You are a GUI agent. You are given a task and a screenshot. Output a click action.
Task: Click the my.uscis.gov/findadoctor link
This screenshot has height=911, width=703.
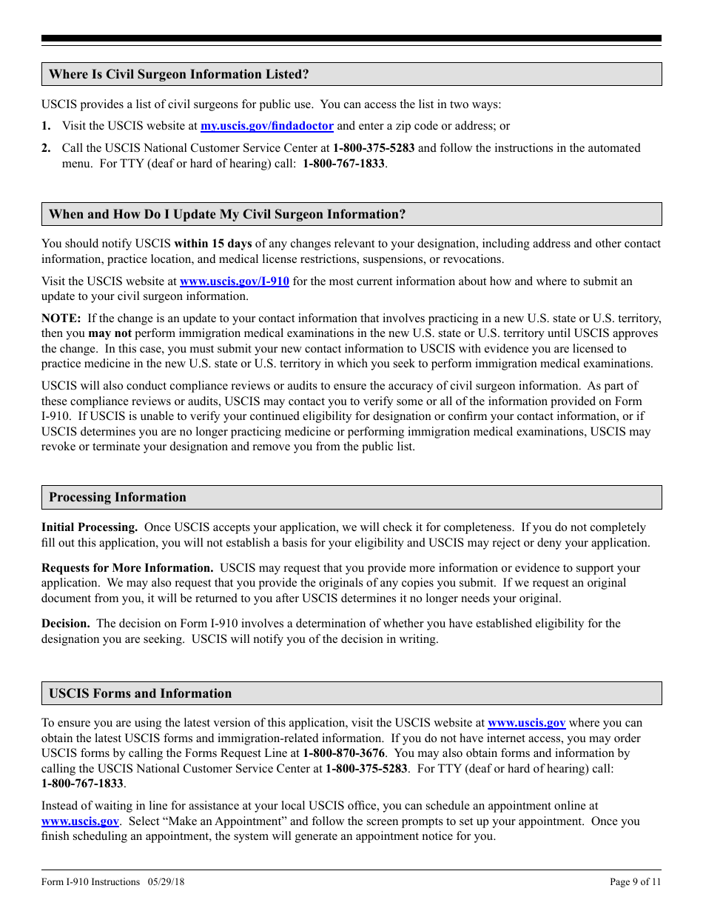click(x=267, y=126)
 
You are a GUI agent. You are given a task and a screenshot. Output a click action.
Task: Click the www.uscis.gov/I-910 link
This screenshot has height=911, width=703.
click(x=235, y=281)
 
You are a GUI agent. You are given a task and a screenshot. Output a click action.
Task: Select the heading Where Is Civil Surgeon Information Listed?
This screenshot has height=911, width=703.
click(x=178, y=74)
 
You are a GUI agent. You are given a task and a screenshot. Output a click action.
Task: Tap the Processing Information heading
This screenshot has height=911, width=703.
click(x=118, y=498)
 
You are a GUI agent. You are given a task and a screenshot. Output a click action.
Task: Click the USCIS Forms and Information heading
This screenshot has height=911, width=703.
click(x=140, y=694)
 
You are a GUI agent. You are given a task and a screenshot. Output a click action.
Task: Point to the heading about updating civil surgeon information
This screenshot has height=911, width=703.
click(x=227, y=215)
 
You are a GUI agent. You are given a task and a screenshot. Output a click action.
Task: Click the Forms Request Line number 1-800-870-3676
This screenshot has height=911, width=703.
click(x=344, y=753)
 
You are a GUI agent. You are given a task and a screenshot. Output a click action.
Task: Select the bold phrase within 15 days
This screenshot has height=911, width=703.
click(x=213, y=244)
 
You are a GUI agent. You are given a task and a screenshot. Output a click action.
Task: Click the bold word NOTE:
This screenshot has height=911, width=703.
click(x=61, y=318)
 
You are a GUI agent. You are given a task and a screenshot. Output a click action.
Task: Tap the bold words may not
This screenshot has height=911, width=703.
click(x=110, y=333)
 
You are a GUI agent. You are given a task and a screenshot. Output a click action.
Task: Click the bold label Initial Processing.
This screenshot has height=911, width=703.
click(x=90, y=528)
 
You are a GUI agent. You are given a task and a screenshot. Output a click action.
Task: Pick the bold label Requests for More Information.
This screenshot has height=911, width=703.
click(x=127, y=568)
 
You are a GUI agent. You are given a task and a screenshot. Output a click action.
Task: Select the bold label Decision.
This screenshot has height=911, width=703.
click(x=66, y=624)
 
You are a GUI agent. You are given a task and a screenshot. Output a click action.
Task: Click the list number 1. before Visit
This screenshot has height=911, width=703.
click(x=46, y=126)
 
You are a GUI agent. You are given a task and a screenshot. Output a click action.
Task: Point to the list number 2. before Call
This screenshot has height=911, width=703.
click(x=46, y=148)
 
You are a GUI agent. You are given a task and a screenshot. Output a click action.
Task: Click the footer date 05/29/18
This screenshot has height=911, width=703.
click(x=166, y=882)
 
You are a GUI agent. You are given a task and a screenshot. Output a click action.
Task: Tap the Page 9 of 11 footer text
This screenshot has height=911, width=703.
click(x=635, y=882)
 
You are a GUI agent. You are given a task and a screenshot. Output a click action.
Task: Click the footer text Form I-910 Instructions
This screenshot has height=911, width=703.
click(x=90, y=882)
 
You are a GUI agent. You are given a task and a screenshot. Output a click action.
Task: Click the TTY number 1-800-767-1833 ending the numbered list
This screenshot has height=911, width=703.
click(x=343, y=163)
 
